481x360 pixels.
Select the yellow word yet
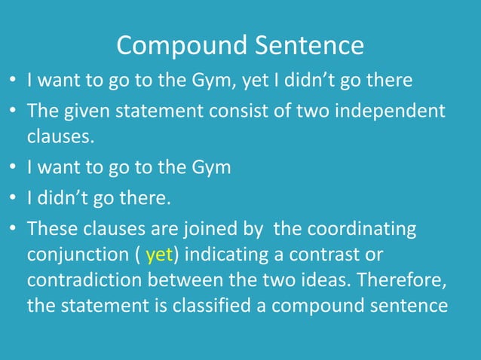(x=160, y=255)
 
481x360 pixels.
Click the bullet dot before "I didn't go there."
(x=13, y=200)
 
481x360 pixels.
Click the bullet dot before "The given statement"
(x=13, y=111)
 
